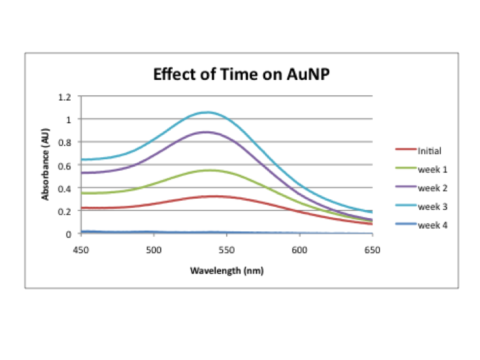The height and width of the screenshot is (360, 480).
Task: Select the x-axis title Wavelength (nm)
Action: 226,271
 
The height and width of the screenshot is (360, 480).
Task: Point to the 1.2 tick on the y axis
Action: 65,97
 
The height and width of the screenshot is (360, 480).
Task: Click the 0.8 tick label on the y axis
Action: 65,142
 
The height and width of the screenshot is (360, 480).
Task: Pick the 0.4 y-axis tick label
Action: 65,188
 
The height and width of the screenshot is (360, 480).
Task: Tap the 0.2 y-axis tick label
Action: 65,211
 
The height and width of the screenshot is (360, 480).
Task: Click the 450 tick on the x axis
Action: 81,250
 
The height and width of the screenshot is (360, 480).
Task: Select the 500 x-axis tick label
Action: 153,250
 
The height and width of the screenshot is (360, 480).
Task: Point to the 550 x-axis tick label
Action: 227,250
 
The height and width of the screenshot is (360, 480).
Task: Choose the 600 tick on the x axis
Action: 299,250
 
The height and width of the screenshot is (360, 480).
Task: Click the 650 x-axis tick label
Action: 372,250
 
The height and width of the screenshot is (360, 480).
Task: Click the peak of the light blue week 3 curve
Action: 207,112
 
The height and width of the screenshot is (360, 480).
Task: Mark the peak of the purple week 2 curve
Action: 206,132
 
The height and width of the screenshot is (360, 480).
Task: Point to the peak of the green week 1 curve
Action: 210,170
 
